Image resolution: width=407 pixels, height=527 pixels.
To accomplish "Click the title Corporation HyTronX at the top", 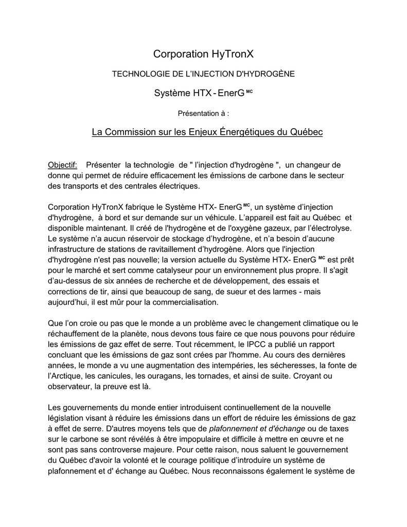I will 204,54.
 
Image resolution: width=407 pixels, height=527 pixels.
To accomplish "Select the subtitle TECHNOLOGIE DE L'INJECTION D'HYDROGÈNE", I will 204,74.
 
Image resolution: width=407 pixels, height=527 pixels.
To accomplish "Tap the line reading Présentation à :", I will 204,113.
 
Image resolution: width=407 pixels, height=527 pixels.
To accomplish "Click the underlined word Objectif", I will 62,165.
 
